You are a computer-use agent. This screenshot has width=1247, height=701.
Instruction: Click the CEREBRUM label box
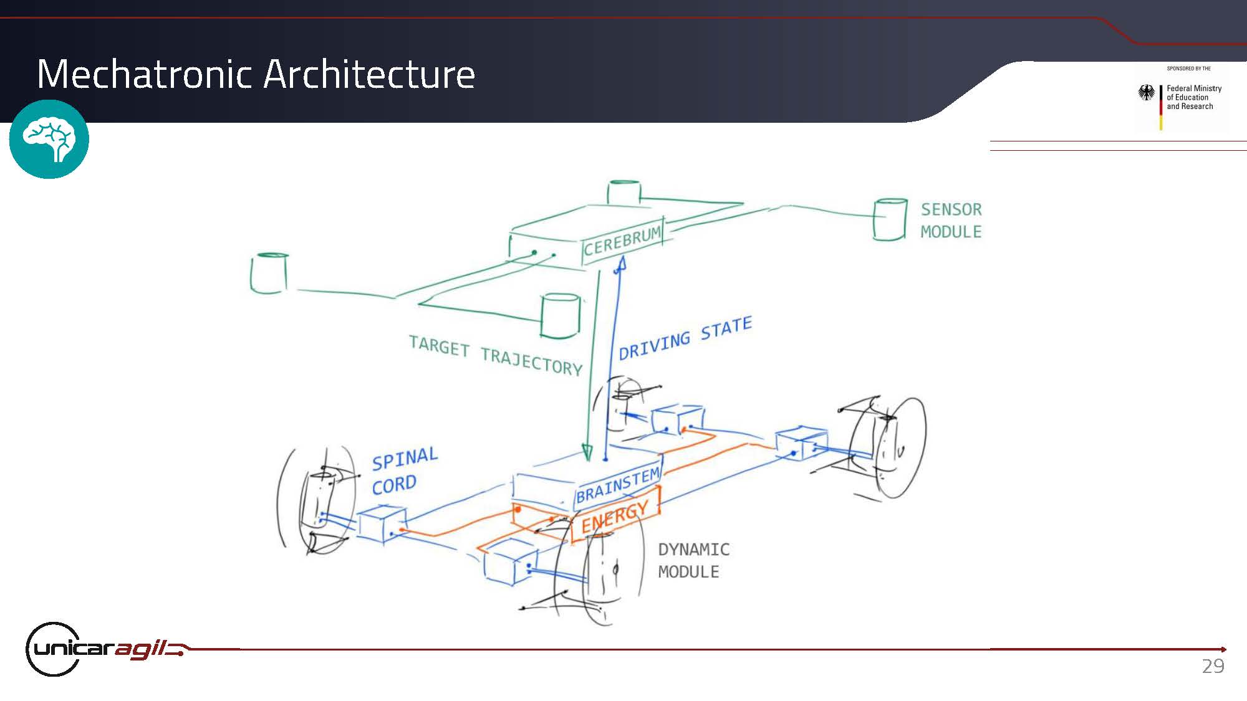tap(622, 241)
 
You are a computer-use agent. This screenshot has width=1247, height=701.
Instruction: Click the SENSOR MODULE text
tap(951, 221)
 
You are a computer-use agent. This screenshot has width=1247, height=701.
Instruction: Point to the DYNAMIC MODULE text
tap(693, 561)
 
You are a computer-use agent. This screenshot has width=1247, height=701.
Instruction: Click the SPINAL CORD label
tap(405, 472)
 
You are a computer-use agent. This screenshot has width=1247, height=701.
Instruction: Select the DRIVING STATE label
tap(685, 338)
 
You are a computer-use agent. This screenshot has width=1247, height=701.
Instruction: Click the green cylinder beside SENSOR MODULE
tap(890, 219)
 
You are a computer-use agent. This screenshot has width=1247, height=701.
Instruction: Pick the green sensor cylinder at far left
tap(269, 273)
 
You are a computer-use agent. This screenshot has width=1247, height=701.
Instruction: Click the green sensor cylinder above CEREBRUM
tap(624, 191)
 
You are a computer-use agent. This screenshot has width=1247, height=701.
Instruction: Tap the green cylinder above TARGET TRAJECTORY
tap(561, 316)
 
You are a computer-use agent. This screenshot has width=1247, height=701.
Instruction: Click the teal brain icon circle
tap(49, 139)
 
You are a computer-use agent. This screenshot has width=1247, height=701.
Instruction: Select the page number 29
tap(1213, 666)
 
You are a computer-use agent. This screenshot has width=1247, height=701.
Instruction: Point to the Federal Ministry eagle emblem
tap(1146, 93)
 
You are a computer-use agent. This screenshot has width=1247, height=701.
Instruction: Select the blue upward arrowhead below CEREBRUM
tap(620, 265)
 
